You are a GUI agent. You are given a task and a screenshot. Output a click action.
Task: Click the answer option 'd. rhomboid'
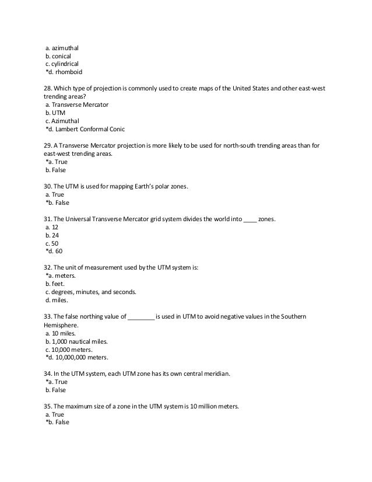tap(64, 72)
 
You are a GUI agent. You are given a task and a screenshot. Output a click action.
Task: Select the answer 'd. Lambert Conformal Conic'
tap(85, 129)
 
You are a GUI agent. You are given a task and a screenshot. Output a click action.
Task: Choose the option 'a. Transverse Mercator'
tap(76, 104)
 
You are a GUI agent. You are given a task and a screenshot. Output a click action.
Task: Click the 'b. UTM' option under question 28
tap(57, 113)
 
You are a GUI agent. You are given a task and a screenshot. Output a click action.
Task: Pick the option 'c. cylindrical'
tap(62, 64)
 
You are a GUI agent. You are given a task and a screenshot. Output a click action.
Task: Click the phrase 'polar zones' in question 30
tap(171, 186)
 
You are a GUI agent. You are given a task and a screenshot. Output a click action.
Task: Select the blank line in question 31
tap(250, 219)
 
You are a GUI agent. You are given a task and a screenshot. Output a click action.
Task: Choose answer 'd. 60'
tap(55, 251)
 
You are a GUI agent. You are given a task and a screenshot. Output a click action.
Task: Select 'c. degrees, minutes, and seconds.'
tap(90, 292)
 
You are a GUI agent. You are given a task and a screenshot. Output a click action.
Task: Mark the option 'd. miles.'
tap(57, 300)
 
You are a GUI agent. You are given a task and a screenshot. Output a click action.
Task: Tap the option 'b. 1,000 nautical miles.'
tap(78, 341)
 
